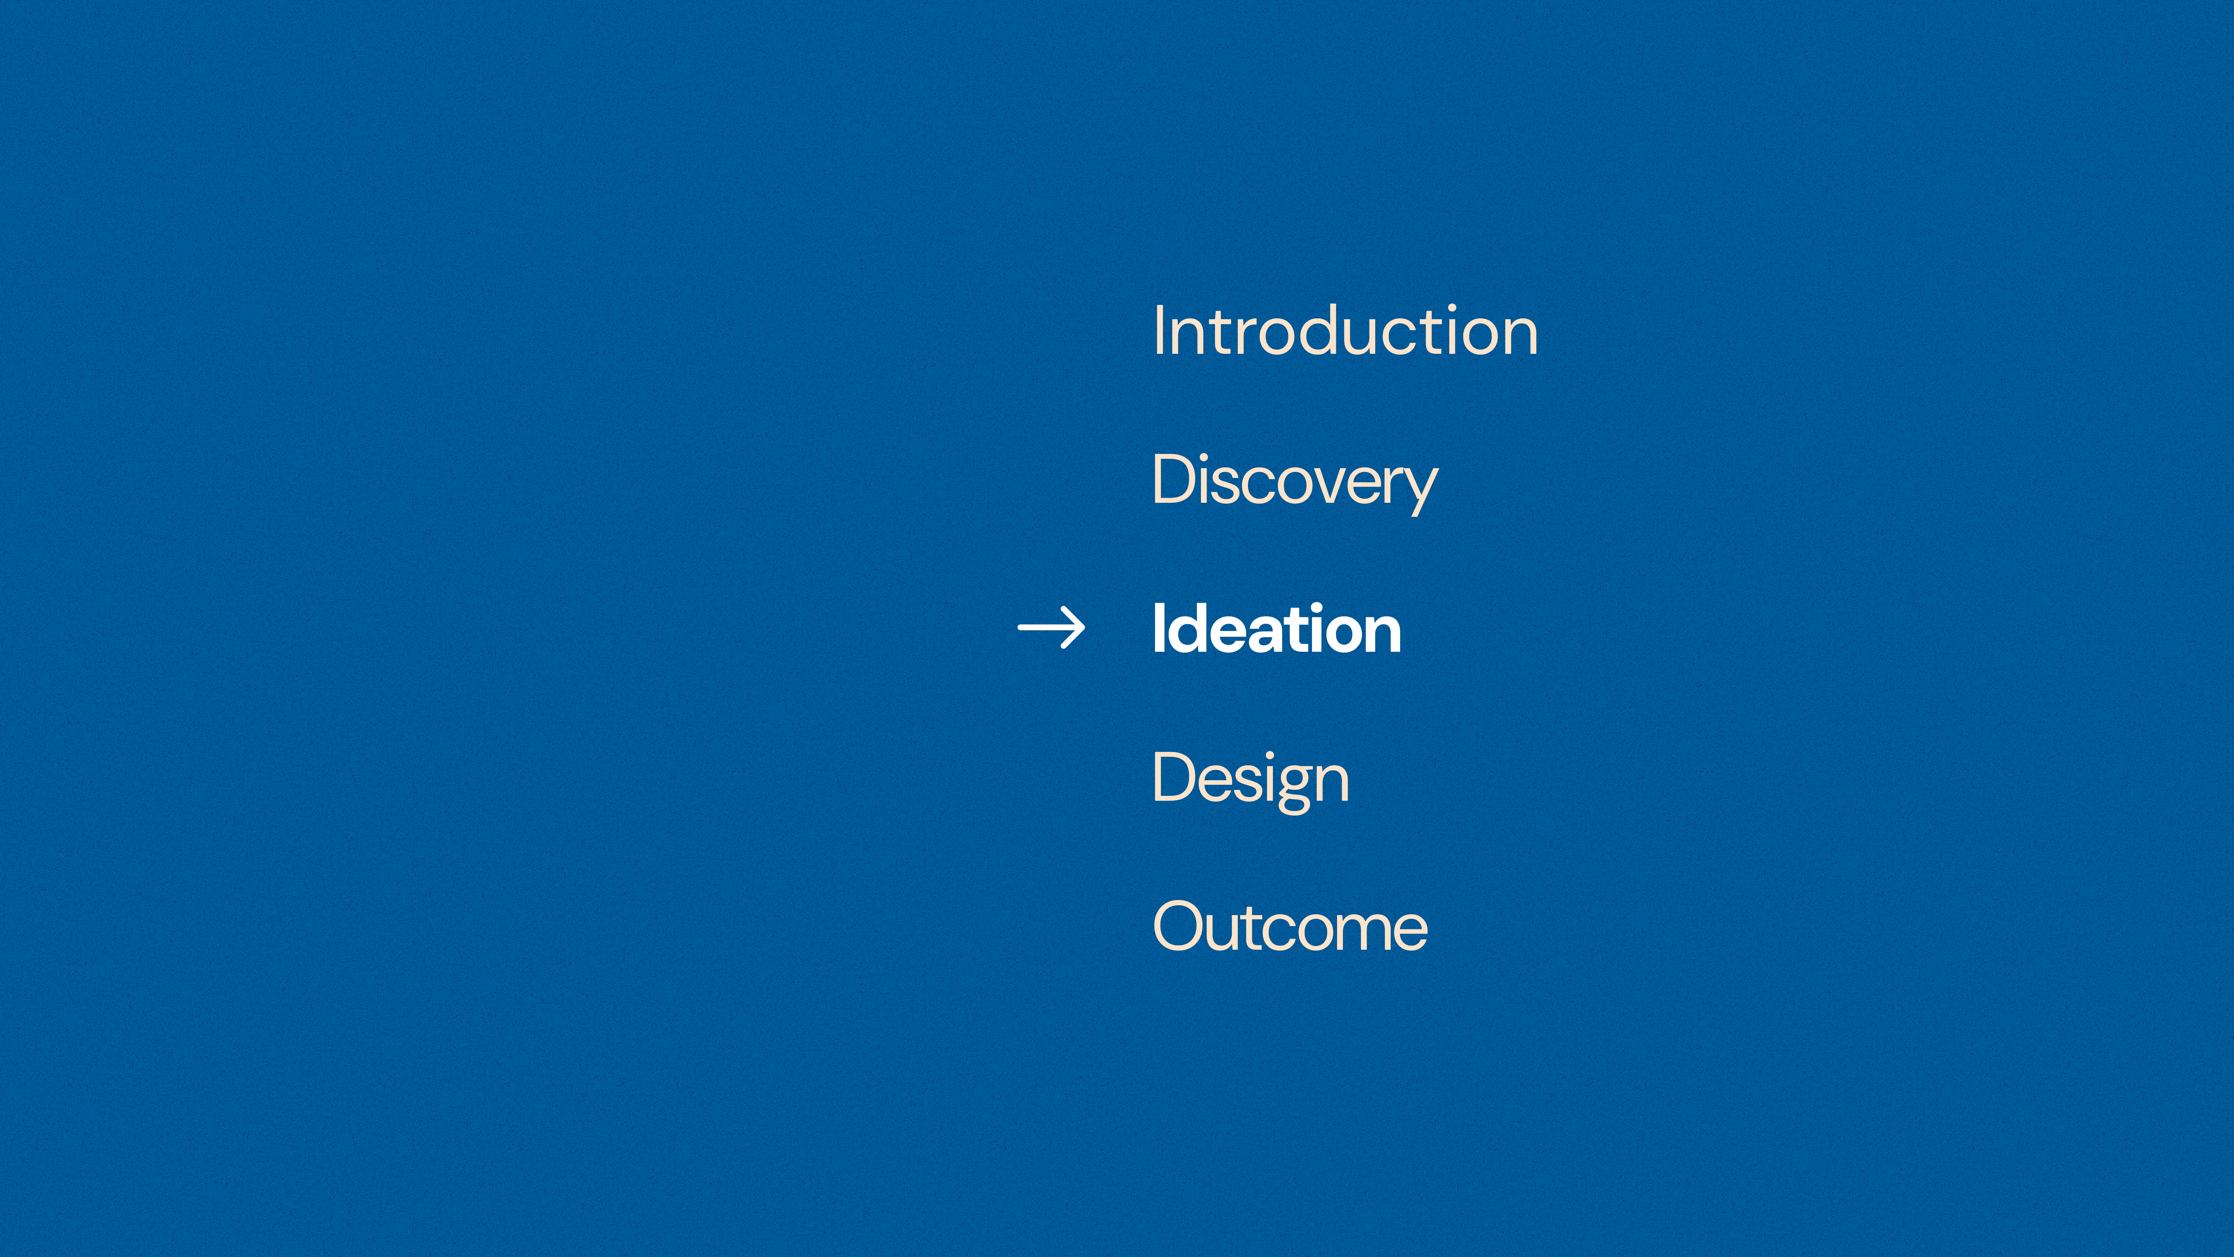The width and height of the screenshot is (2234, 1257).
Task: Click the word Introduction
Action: (1345, 330)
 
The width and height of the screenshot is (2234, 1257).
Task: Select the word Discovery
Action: (1295, 482)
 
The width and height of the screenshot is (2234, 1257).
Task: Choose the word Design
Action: (1250, 779)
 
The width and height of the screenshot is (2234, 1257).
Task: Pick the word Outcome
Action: (1290, 927)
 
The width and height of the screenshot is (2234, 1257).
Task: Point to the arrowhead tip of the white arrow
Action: (1084, 627)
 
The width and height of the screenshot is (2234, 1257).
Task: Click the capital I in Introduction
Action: (1158, 330)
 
